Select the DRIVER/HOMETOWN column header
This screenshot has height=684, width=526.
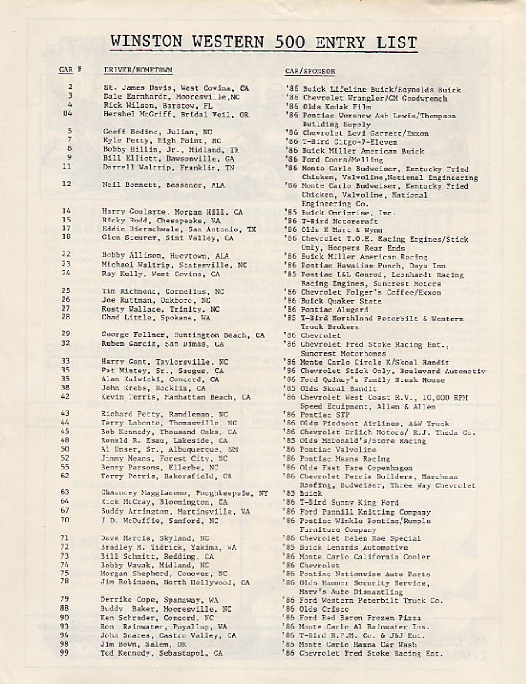pos(138,70)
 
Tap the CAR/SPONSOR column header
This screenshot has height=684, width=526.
pos(310,72)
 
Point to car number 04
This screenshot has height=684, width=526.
pos(67,113)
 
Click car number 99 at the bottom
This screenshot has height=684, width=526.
pos(65,652)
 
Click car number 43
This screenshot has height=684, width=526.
pos(65,413)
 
